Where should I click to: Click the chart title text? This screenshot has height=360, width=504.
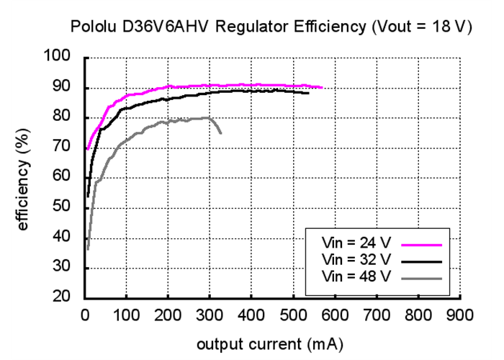[270, 27]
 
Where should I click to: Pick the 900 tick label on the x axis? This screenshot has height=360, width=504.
[459, 315]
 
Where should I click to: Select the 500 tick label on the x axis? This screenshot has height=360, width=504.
[293, 315]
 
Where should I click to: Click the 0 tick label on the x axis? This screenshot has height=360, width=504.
[85, 315]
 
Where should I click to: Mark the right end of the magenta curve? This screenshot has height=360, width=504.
[322, 87]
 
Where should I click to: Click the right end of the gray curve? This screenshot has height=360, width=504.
[220, 133]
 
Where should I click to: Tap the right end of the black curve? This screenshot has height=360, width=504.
[308, 93]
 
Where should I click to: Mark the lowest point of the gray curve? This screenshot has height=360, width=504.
[88, 249]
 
